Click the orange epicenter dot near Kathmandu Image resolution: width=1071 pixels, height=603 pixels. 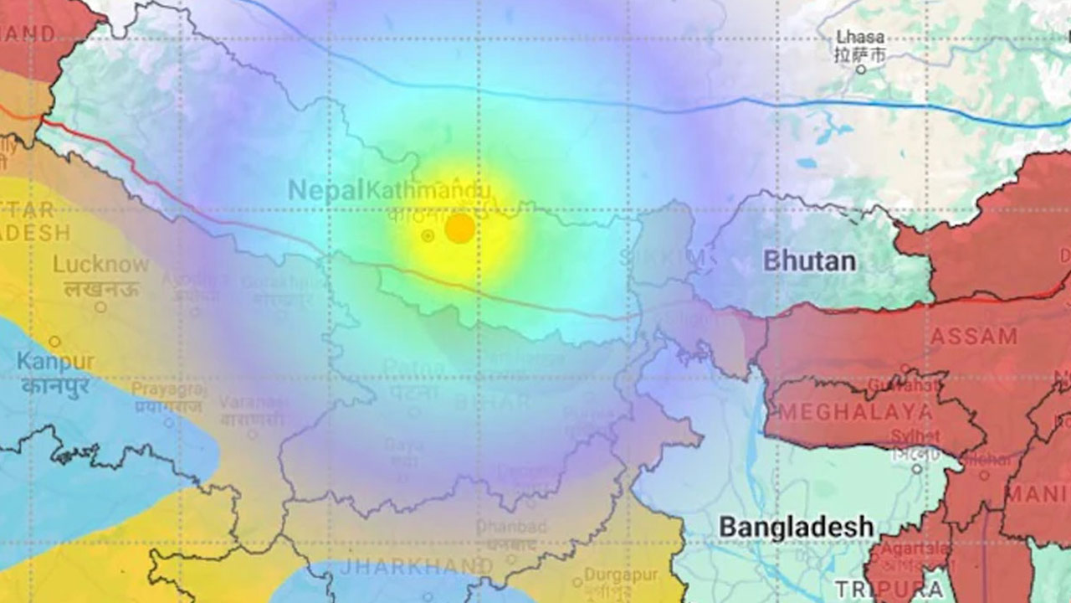click(x=459, y=228)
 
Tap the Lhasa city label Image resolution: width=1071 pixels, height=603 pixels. click(x=860, y=38)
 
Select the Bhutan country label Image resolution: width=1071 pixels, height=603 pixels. click(x=809, y=261)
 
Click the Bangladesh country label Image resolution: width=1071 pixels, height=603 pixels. click(x=797, y=528)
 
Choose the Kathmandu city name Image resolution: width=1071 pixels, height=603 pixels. click(x=428, y=191)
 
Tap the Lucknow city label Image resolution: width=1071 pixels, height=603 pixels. click(x=100, y=265)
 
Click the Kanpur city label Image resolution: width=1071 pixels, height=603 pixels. click(x=54, y=363)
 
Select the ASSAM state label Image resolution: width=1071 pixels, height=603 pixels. click(x=974, y=338)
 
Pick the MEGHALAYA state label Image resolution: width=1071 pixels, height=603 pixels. click(x=856, y=412)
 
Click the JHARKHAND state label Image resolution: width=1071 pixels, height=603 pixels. click(x=414, y=567)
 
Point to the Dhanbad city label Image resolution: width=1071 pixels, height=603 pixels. click(x=511, y=528)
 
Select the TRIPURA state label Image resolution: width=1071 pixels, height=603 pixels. click(x=889, y=589)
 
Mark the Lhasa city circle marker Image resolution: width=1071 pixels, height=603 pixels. click(x=860, y=70)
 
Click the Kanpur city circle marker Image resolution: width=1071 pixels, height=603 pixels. click(x=54, y=342)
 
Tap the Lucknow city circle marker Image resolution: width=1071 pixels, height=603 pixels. click(x=100, y=307)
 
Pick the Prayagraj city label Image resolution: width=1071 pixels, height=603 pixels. click(x=168, y=390)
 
